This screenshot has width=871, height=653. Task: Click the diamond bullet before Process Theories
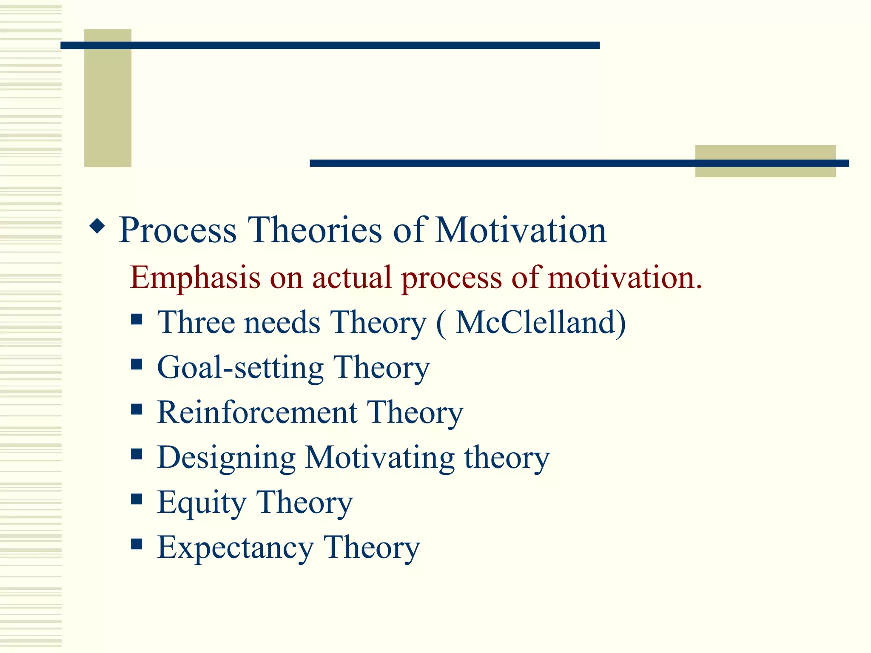click(x=97, y=227)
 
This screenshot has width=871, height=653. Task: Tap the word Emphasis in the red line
click(x=195, y=278)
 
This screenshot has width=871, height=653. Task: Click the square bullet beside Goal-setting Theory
click(x=137, y=364)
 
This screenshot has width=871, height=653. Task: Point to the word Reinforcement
click(x=257, y=412)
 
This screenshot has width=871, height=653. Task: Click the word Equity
click(x=202, y=503)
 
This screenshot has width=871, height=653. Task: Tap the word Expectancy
click(x=235, y=548)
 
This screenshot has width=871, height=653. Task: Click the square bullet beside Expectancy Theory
click(x=137, y=544)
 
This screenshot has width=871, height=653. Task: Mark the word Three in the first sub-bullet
click(x=196, y=322)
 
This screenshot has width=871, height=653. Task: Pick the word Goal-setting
click(x=240, y=367)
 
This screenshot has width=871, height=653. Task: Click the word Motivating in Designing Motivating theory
click(x=380, y=458)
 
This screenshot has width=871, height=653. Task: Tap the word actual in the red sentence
click(x=351, y=278)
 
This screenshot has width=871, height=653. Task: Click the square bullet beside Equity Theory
click(x=137, y=499)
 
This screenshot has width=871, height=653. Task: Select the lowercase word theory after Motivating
click(x=507, y=458)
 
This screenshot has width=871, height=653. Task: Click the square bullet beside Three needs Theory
click(x=137, y=319)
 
